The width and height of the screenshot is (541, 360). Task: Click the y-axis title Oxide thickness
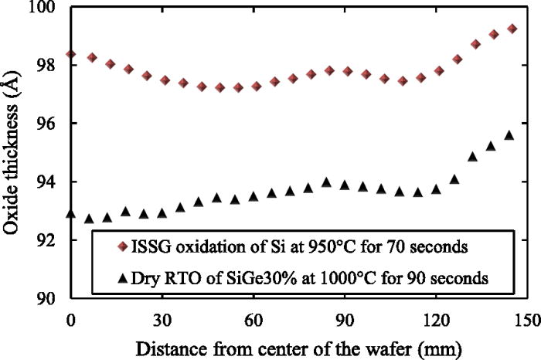(15, 152)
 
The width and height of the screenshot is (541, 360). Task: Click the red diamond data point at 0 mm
(71, 54)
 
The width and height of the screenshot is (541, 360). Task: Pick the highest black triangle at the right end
(509, 135)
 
